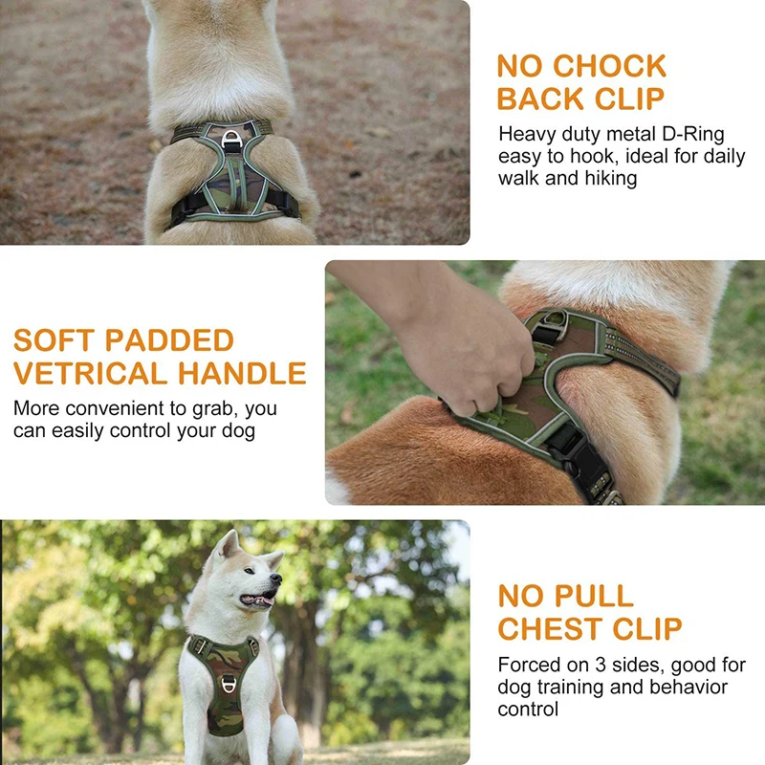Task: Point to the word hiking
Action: click(609, 178)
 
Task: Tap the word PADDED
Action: click(170, 340)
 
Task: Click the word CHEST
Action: click(557, 628)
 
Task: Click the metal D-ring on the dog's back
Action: click(230, 140)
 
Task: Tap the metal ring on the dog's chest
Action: click(229, 685)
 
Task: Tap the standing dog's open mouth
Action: click(256, 601)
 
